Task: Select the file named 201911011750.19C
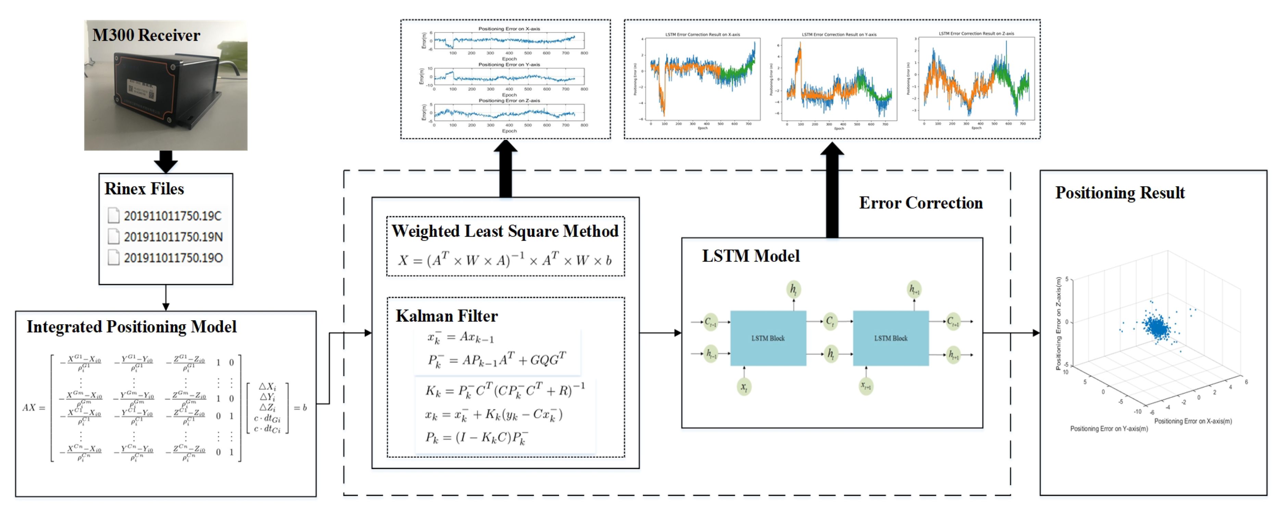[172, 216]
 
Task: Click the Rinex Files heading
[144, 189]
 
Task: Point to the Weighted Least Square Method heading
[505, 231]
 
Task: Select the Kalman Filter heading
[447, 316]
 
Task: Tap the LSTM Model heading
[751, 256]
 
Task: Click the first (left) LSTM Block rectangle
[768, 338]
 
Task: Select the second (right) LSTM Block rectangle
[890, 338]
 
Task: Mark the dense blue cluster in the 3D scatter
[1158, 327]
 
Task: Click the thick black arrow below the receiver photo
[165, 161]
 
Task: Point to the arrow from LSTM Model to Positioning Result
[1011, 333]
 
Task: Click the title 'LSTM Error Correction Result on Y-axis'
[839, 35]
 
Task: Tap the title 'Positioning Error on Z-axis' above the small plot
[509, 100]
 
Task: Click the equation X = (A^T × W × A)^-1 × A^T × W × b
[505, 260]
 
